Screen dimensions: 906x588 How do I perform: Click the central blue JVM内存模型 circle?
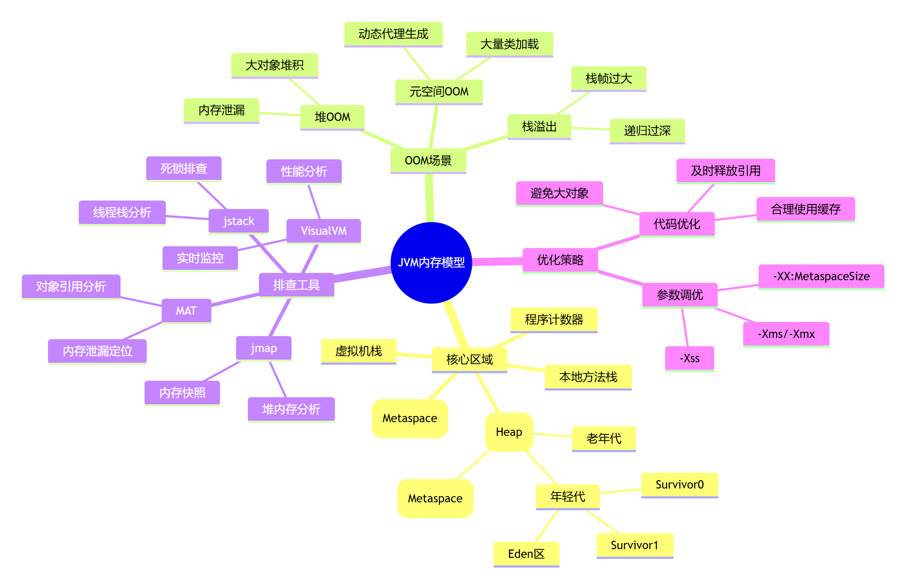[431, 262]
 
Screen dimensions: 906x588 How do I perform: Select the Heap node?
[509, 432]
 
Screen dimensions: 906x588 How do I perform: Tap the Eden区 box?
[526, 554]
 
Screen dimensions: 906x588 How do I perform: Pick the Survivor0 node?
[679, 485]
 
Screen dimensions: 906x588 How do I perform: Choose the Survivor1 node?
[634, 546]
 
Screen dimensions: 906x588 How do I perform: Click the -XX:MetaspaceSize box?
[821, 277]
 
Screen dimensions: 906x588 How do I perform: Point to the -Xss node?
[689, 359]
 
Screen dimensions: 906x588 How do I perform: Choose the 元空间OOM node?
[439, 92]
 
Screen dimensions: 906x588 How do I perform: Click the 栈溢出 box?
[539, 127]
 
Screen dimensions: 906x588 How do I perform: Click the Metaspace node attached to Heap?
[435, 499]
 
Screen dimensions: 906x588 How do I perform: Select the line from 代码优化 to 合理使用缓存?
[735, 218]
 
